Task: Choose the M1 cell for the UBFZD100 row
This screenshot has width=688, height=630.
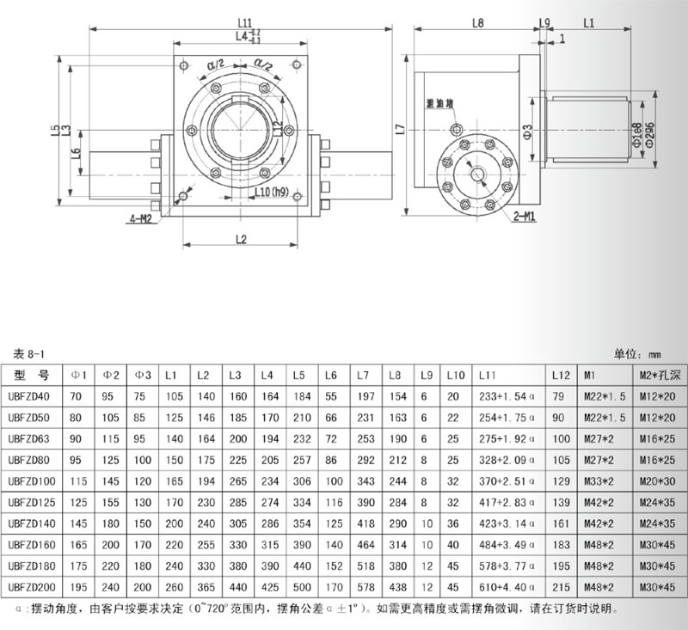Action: (x=599, y=480)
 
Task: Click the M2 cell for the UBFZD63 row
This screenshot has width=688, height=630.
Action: (x=659, y=438)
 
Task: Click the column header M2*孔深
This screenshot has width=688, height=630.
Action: (x=659, y=376)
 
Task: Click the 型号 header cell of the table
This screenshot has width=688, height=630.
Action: (x=34, y=376)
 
